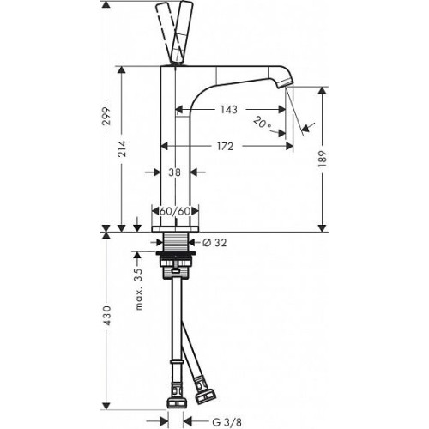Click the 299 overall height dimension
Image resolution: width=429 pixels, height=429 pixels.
[106, 116]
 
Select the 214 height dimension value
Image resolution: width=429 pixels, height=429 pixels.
[122, 148]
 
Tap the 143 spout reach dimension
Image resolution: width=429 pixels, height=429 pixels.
[229, 109]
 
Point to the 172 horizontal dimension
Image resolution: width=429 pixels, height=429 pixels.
[225, 146]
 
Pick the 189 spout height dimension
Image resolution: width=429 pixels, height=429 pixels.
[323, 159]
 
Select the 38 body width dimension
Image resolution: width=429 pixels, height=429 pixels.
[174, 172]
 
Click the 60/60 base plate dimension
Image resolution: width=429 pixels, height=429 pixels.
[175, 211]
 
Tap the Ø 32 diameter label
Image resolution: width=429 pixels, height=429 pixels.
[214, 243]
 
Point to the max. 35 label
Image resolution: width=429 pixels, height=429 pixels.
[139, 289]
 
